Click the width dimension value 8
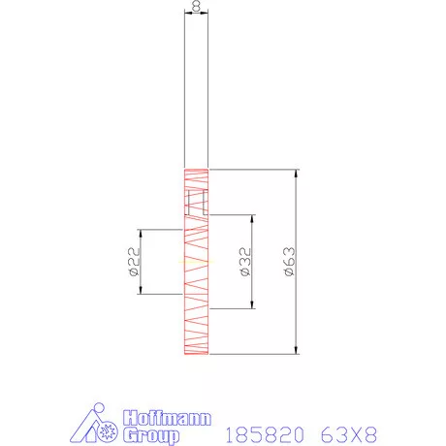tap(197, 7)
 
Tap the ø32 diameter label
tap(245, 262)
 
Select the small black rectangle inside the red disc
tap(198, 203)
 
